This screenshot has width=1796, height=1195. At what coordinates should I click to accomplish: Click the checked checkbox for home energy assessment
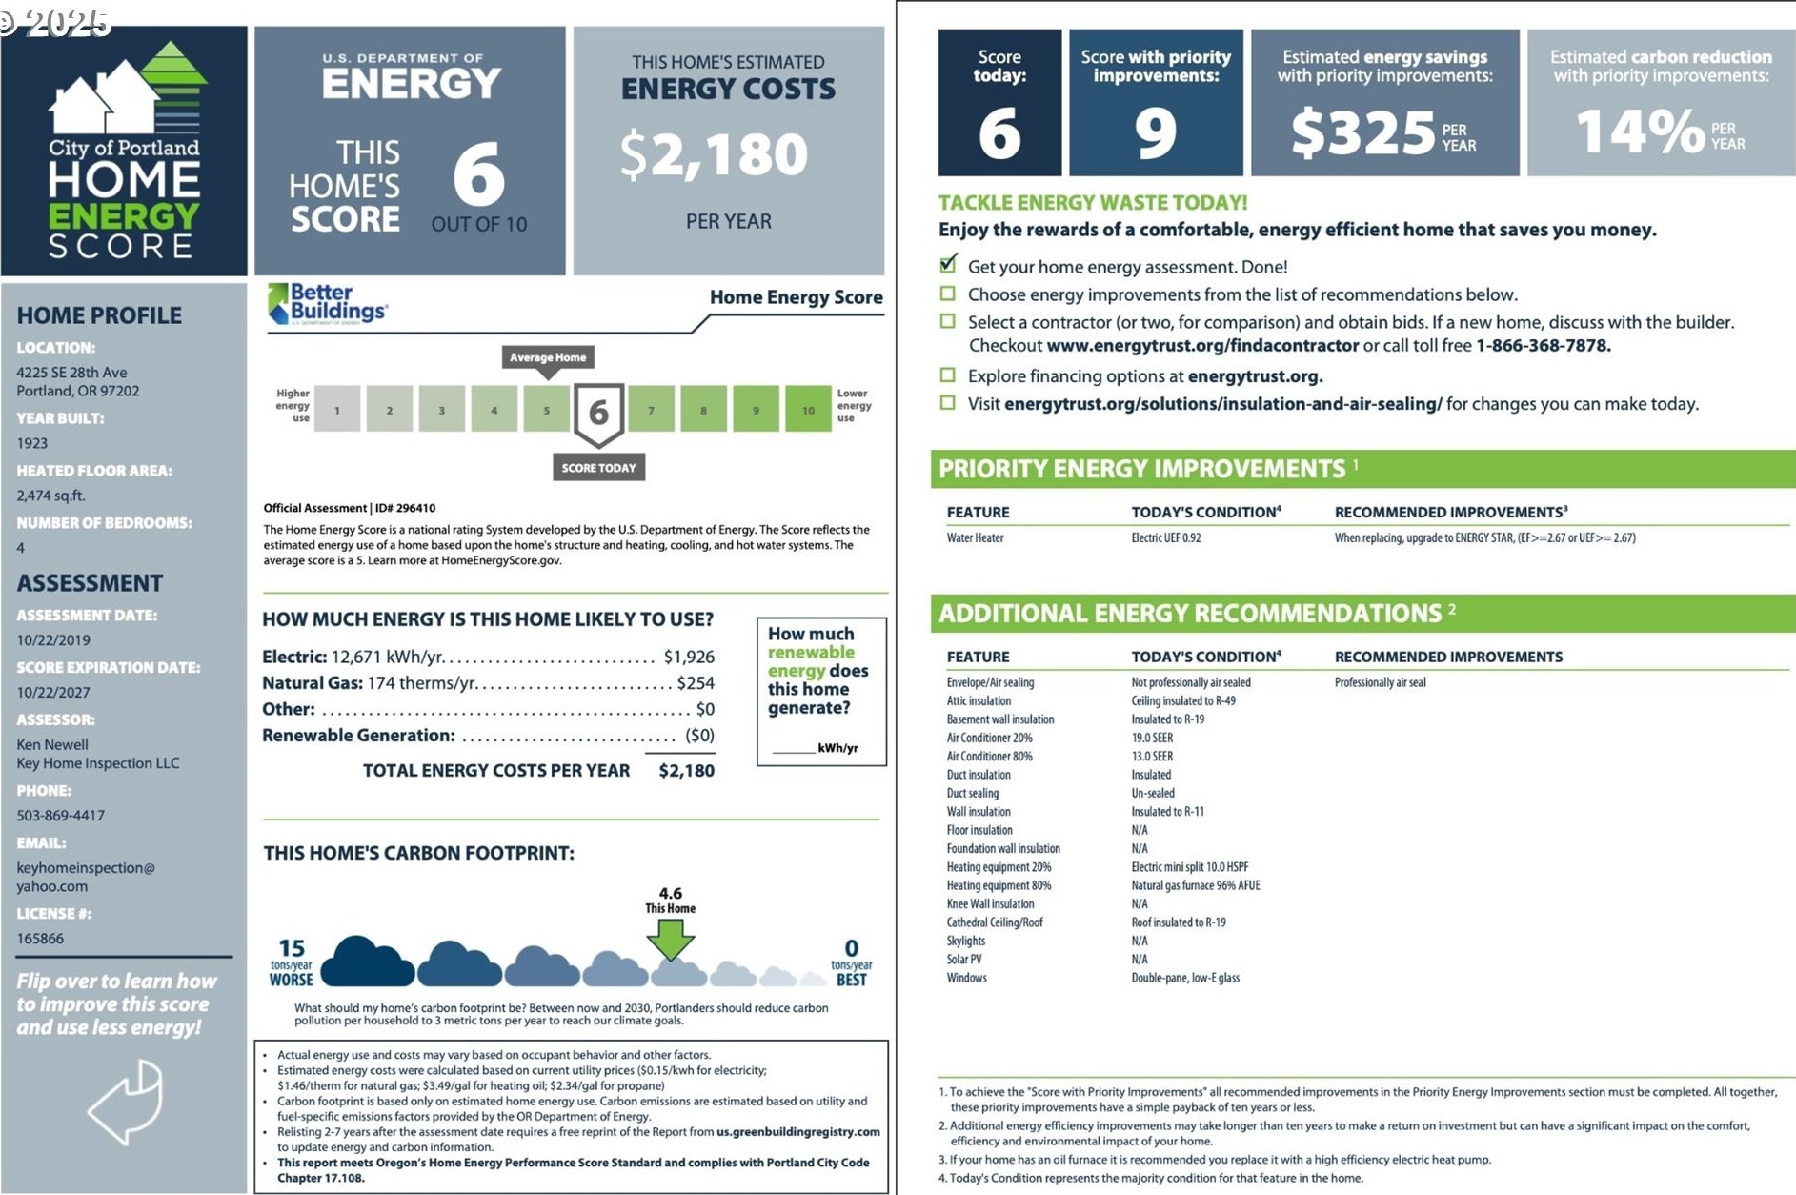(x=948, y=265)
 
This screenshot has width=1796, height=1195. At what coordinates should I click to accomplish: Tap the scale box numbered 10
(x=807, y=410)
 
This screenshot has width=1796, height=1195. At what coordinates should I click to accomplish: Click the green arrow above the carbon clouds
(x=671, y=940)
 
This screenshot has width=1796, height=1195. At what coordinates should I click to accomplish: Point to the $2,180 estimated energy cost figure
(x=715, y=155)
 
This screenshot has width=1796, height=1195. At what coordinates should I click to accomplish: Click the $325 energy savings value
(x=1363, y=132)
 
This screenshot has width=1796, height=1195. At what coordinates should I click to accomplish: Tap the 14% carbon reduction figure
(x=1640, y=132)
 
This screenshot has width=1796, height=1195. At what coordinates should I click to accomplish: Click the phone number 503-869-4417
(x=60, y=816)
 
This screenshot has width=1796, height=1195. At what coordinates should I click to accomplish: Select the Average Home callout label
(x=548, y=357)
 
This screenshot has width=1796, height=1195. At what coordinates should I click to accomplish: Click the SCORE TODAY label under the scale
(x=598, y=468)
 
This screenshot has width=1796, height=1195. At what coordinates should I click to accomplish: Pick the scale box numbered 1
(x=337, y=410)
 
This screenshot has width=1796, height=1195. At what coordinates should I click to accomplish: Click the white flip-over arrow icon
(x=127, y=1103)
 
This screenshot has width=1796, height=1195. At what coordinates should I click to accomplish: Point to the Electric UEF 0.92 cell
(x=1166, y=538)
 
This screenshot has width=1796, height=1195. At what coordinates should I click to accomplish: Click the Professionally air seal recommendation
(x=1380, y=682)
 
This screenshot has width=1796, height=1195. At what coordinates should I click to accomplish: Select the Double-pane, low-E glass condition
(x=1185, y=978)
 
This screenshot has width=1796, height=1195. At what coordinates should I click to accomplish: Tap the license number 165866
(x=40, y=939)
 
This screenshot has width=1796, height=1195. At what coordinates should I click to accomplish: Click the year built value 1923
(x=31, y=443)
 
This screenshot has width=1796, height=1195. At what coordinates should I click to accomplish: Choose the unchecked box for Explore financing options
(x=948, y=375)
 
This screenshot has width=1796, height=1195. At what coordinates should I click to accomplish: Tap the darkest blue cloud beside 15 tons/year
(x=367, y=962)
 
